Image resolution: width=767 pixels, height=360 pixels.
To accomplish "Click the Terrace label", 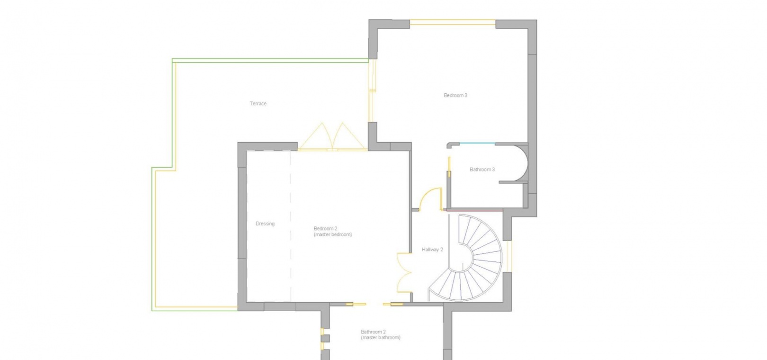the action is tap(258, 103).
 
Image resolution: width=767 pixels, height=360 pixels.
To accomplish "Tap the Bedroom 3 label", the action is tap(455, 95).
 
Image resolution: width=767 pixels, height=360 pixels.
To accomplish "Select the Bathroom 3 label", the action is tap(482, 169).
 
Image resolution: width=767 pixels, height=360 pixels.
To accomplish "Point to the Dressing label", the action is tap(265, 224).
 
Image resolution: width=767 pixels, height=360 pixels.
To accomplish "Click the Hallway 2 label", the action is tap(432, 249).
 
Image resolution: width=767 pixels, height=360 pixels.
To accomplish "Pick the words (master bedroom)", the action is tap(332, 234).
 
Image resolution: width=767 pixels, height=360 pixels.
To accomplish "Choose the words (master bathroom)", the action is tap(380, 337).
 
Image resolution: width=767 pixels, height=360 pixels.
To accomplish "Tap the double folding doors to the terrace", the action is tap(332, 137).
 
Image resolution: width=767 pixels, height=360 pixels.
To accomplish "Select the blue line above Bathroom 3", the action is tap(477, 143).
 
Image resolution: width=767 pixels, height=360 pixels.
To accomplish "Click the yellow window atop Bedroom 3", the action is tap(453, 22).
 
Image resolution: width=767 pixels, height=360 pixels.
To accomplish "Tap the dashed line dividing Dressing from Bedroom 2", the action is tap(291, 226).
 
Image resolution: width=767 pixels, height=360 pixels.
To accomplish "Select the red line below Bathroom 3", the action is tap(474, 210).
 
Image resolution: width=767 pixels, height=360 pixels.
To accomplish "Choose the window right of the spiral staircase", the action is tap(509, 256).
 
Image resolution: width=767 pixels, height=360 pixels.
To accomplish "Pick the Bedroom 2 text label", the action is tap(325, 228).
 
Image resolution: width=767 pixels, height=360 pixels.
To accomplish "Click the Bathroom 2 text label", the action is tap(373, 332).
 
